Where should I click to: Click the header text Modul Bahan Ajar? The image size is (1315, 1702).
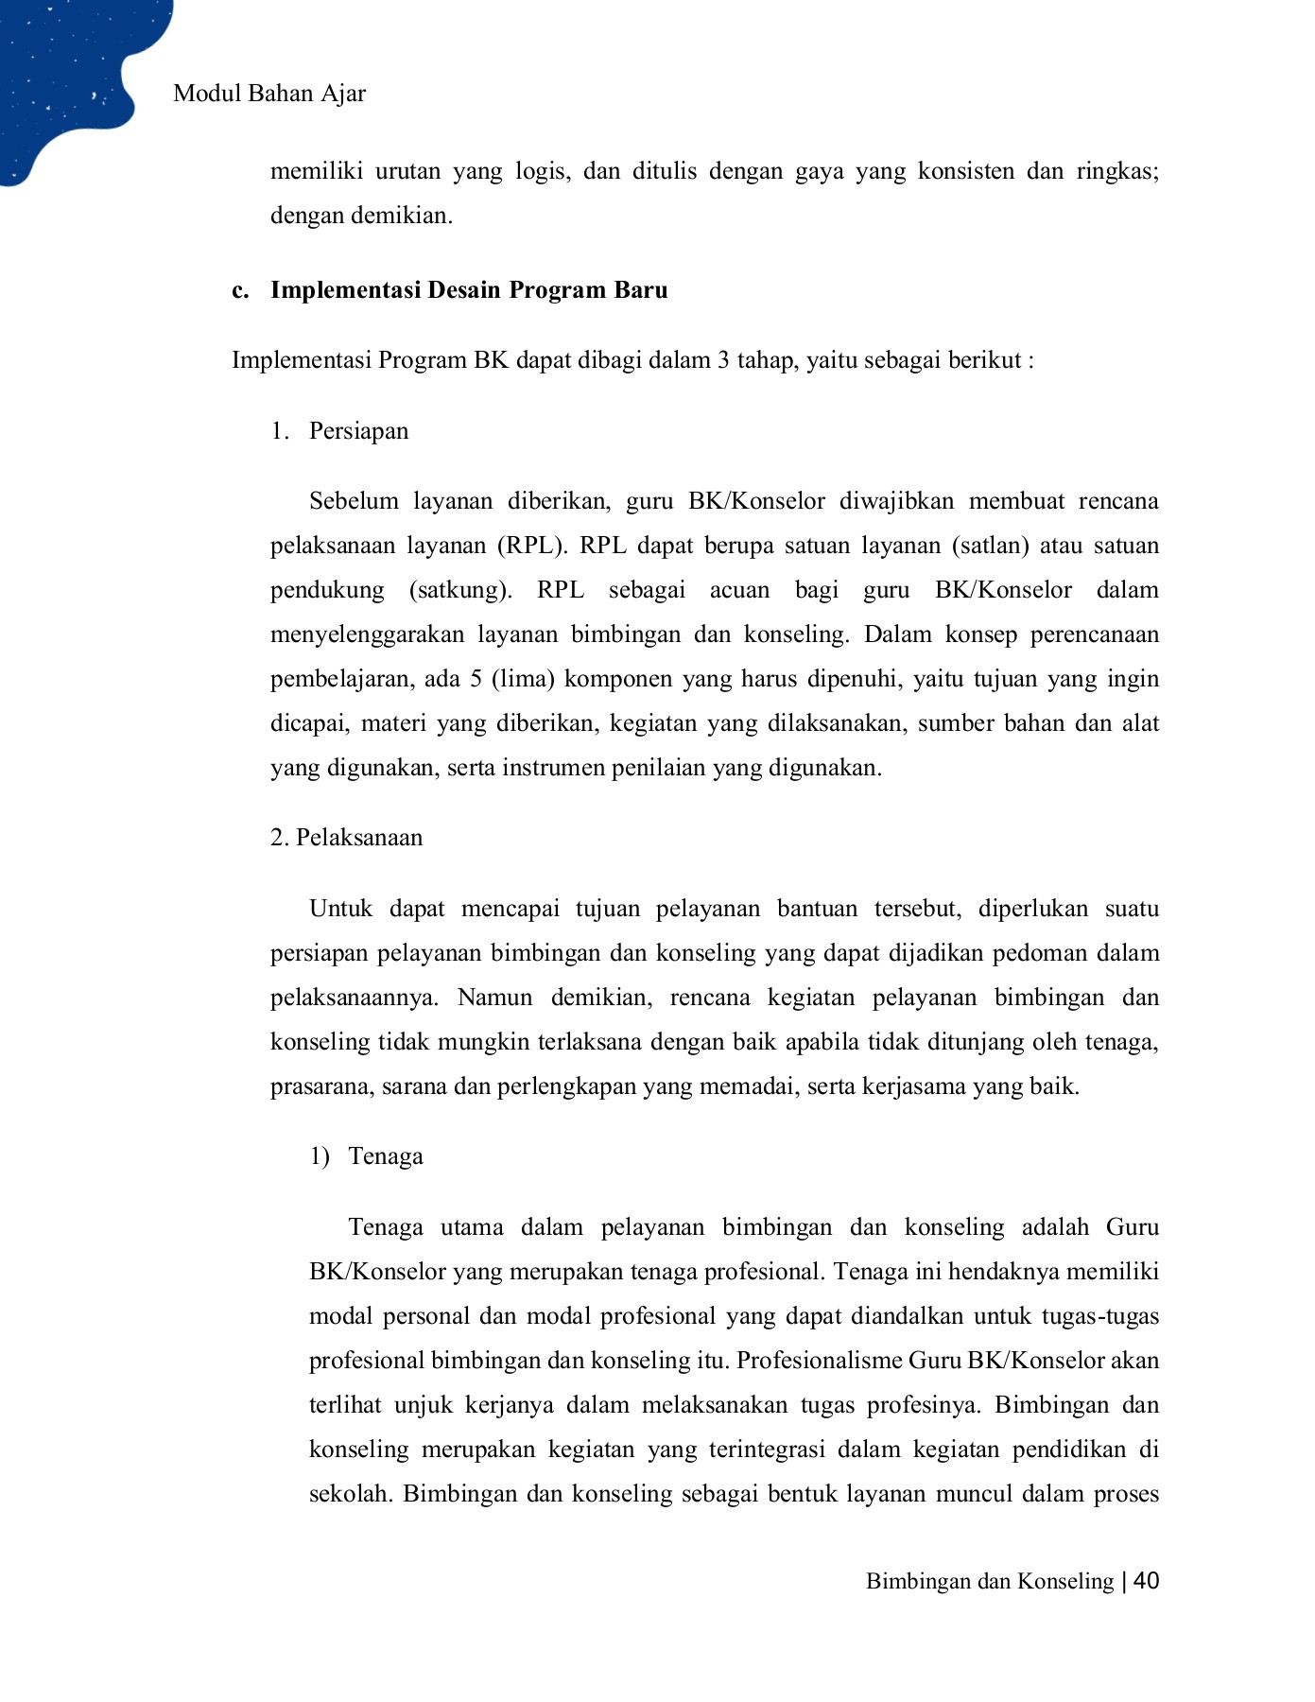[269, 94]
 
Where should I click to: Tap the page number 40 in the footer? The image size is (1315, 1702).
[1146, 1581]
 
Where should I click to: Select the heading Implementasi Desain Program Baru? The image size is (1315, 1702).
[469, 290]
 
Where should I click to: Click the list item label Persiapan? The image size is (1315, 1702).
[358, 431]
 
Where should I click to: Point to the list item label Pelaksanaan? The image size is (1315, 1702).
[359, 838]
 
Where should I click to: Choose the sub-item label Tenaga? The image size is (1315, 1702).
[386, 1156]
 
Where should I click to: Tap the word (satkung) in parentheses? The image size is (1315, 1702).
[459, 590]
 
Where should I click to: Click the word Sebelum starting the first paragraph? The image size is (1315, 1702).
[354, 501]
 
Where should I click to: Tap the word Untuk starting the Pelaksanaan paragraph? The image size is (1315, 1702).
[342, 909]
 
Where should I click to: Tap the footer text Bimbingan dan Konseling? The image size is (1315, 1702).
[989, 1582]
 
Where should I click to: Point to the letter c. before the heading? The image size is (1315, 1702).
[240, 290]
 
